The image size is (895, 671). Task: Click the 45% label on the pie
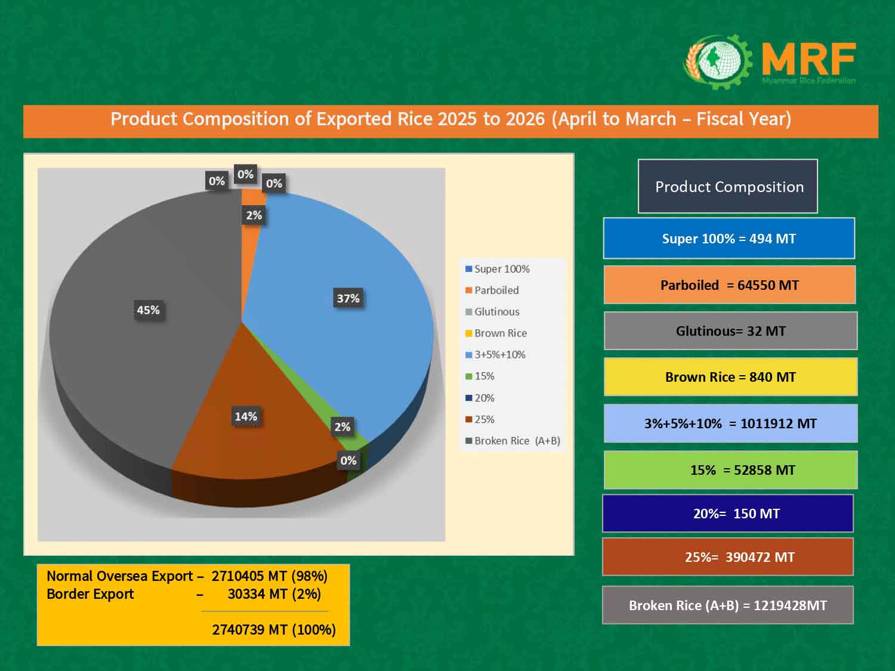[x=149, y=310]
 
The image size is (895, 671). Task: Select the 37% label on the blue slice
[x=348, y=298]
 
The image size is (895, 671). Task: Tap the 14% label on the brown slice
[x=246, y=416]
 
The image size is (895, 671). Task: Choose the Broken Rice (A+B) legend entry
[x=513, y=441]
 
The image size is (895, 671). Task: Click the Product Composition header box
[x=728, y=187]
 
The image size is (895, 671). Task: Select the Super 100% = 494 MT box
[x=729, y=239]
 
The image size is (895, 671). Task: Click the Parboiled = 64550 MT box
[x=729, y=285]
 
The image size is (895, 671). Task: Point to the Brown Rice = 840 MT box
[x=730, y=377]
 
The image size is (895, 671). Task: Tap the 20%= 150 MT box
[x=727, y=514]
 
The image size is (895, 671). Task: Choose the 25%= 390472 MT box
[x=727, y=557]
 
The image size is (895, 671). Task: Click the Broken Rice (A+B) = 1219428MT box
[x=727, y=605]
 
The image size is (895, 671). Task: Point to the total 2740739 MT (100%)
[x=274, y=630]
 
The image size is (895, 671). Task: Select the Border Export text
[x=90, y=594]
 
